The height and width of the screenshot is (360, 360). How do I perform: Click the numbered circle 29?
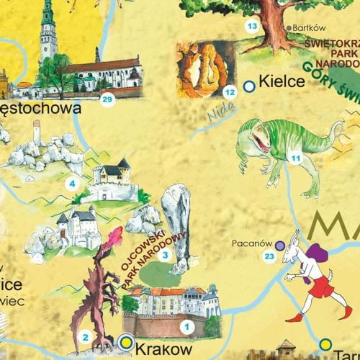click(x=107, y=99)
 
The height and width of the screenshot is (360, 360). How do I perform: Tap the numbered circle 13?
click(x=252, y=27)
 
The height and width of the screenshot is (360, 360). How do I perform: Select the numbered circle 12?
click(x=230, y=91)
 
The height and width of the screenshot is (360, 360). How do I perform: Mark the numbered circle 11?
click(x=294, y=157)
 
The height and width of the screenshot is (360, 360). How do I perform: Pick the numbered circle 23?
click(x=269, y=256)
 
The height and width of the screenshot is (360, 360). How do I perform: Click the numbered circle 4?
click(x=71, y=184)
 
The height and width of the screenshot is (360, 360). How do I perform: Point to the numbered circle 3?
click(x=164, y=255)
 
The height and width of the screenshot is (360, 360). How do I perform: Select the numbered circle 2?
click(x=85, y=336)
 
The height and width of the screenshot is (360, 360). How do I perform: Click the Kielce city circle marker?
click(x=248, y=86)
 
